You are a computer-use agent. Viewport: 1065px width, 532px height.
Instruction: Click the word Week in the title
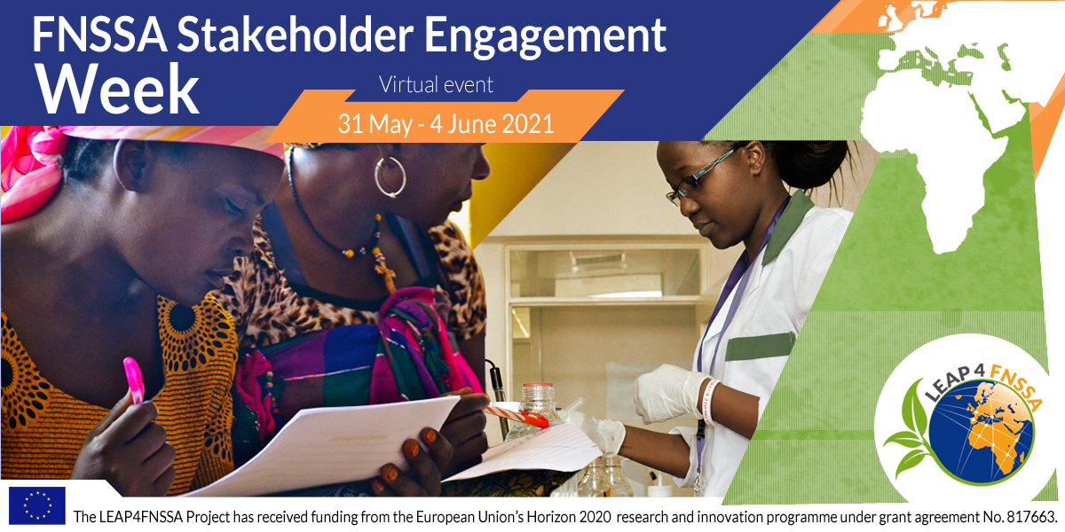click(117, 90)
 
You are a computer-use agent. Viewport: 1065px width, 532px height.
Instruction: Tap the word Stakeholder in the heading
click(295, 35)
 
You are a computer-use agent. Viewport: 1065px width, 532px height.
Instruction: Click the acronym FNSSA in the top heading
click(99, 35)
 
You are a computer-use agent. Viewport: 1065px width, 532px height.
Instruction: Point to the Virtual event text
click(436, 84)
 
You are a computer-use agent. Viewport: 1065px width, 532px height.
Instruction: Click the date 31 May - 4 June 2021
click(446, 124)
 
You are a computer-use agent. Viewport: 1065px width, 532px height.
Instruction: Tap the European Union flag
click(37, 505)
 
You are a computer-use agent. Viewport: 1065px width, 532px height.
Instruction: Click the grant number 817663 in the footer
click(1029, 517)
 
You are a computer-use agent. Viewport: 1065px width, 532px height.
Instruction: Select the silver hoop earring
click(390, 176)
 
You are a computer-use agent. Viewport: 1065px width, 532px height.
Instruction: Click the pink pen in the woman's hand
click(134, 381)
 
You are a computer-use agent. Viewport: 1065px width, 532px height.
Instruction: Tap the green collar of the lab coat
click(788, 227)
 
